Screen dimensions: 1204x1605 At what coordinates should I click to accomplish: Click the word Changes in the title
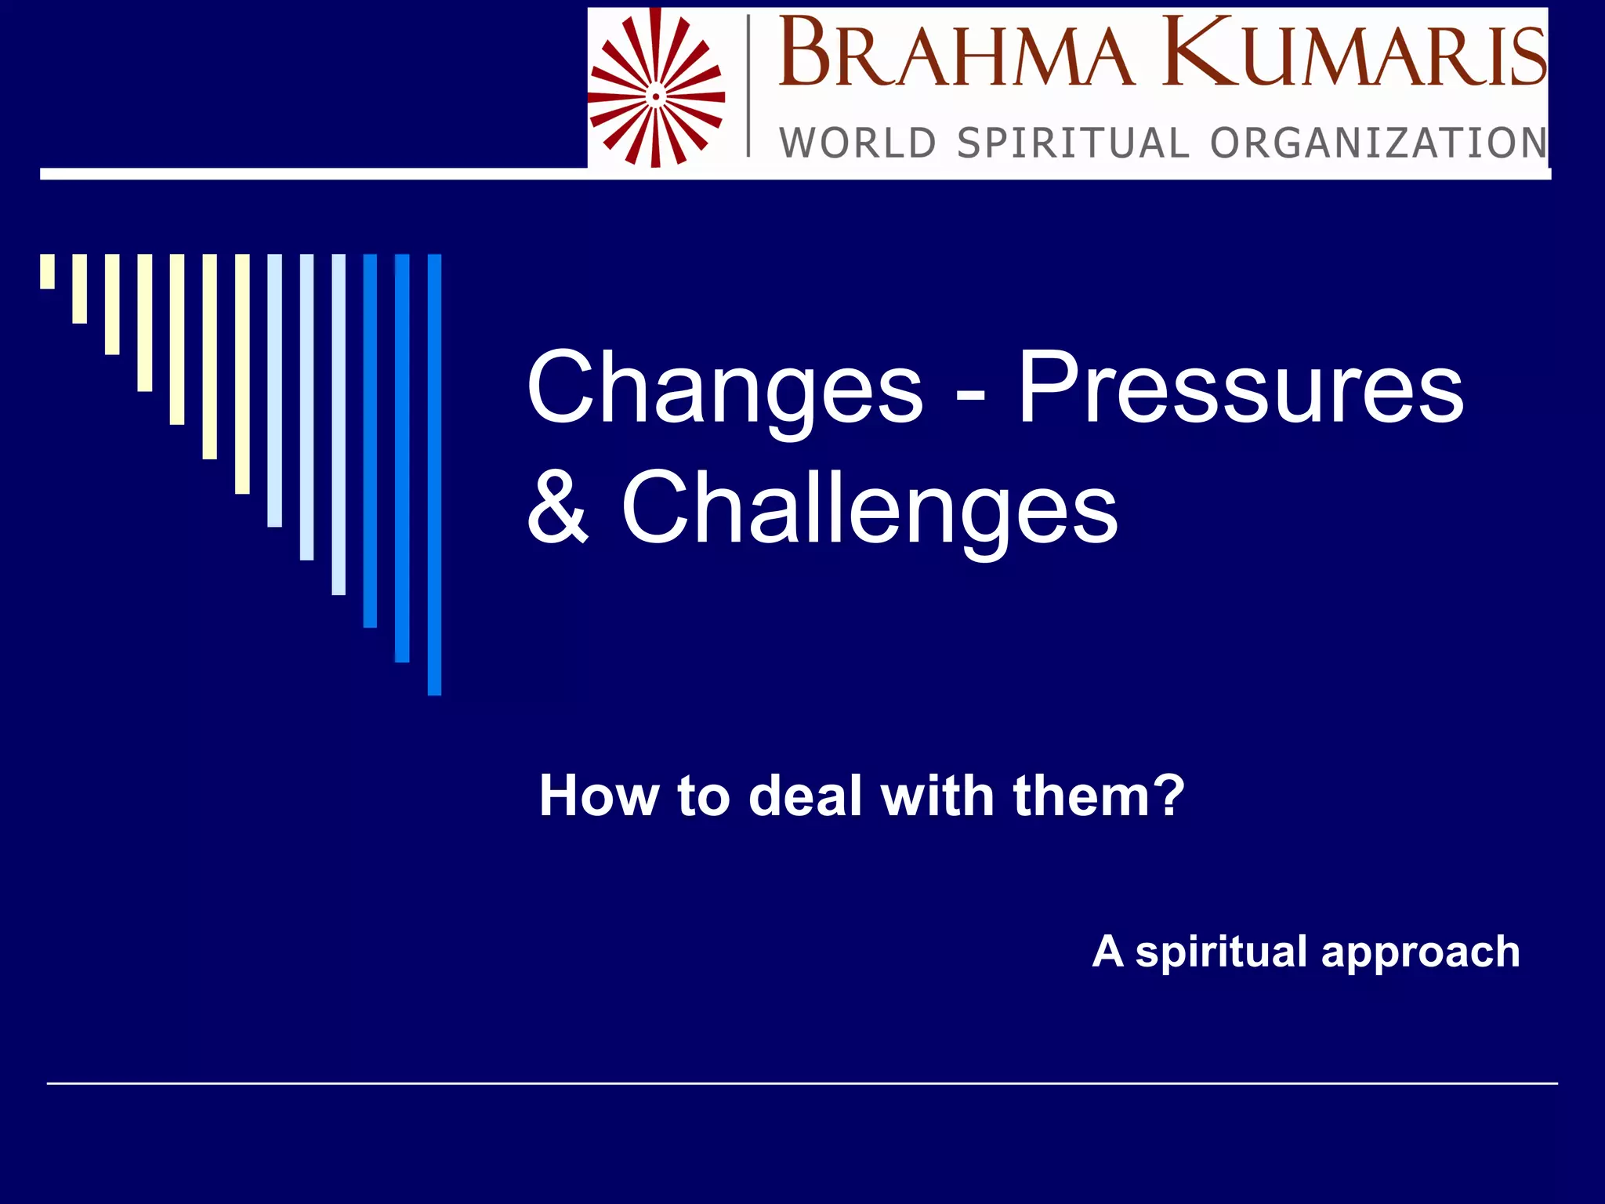click(x=724, y=388)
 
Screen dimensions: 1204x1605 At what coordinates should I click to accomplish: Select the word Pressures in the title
click(x=1240, y=388)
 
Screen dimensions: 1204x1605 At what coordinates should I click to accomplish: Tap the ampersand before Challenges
click(x=557, y=507)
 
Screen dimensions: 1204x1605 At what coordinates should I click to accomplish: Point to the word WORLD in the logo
click(x=857, y=143)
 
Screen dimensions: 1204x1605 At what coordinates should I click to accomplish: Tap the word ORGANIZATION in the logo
click(x=1379, y=143)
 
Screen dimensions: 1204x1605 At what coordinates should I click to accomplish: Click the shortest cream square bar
click(x=47, y=271)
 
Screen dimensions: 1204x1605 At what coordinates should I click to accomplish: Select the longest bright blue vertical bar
click(x=434, y=474)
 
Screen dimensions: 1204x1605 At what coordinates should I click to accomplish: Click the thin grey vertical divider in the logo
click(x=748, y=86)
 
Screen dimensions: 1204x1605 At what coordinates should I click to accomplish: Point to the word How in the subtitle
click(x=599, y=796)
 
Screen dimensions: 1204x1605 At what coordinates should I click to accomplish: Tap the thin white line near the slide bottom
click(x=802, y=1083)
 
